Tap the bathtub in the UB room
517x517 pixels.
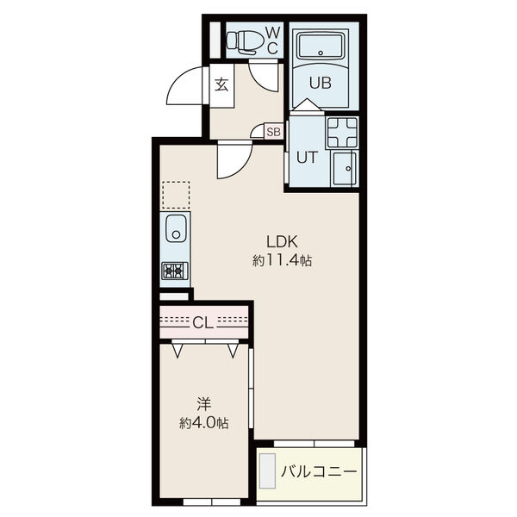(x=321, y=47)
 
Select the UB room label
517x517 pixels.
(x=321, y=83)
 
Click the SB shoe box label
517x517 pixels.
(x=273, y=132)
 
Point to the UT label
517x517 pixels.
(x=308, y=158)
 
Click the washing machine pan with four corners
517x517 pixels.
(x=342, y=133)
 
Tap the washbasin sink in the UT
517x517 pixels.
(x=345, y=168)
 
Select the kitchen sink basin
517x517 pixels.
(x=176, y=228)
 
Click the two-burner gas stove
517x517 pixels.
(x=175, y=271)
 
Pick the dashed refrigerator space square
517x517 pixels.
(x=176, y=195)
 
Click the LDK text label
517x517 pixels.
(x=283, y=242)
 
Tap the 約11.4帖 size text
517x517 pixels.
(x=283, y=261)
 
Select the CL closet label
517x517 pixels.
(x=203, y=323)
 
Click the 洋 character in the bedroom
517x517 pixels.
(x=203, y=404)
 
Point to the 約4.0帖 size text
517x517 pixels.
(x=203, y=422)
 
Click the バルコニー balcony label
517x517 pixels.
(x=319, y=472)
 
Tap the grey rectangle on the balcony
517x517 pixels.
(x=267, y=470)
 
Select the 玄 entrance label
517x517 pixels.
(x=221, y=84)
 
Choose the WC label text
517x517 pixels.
(x=272, y=40)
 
